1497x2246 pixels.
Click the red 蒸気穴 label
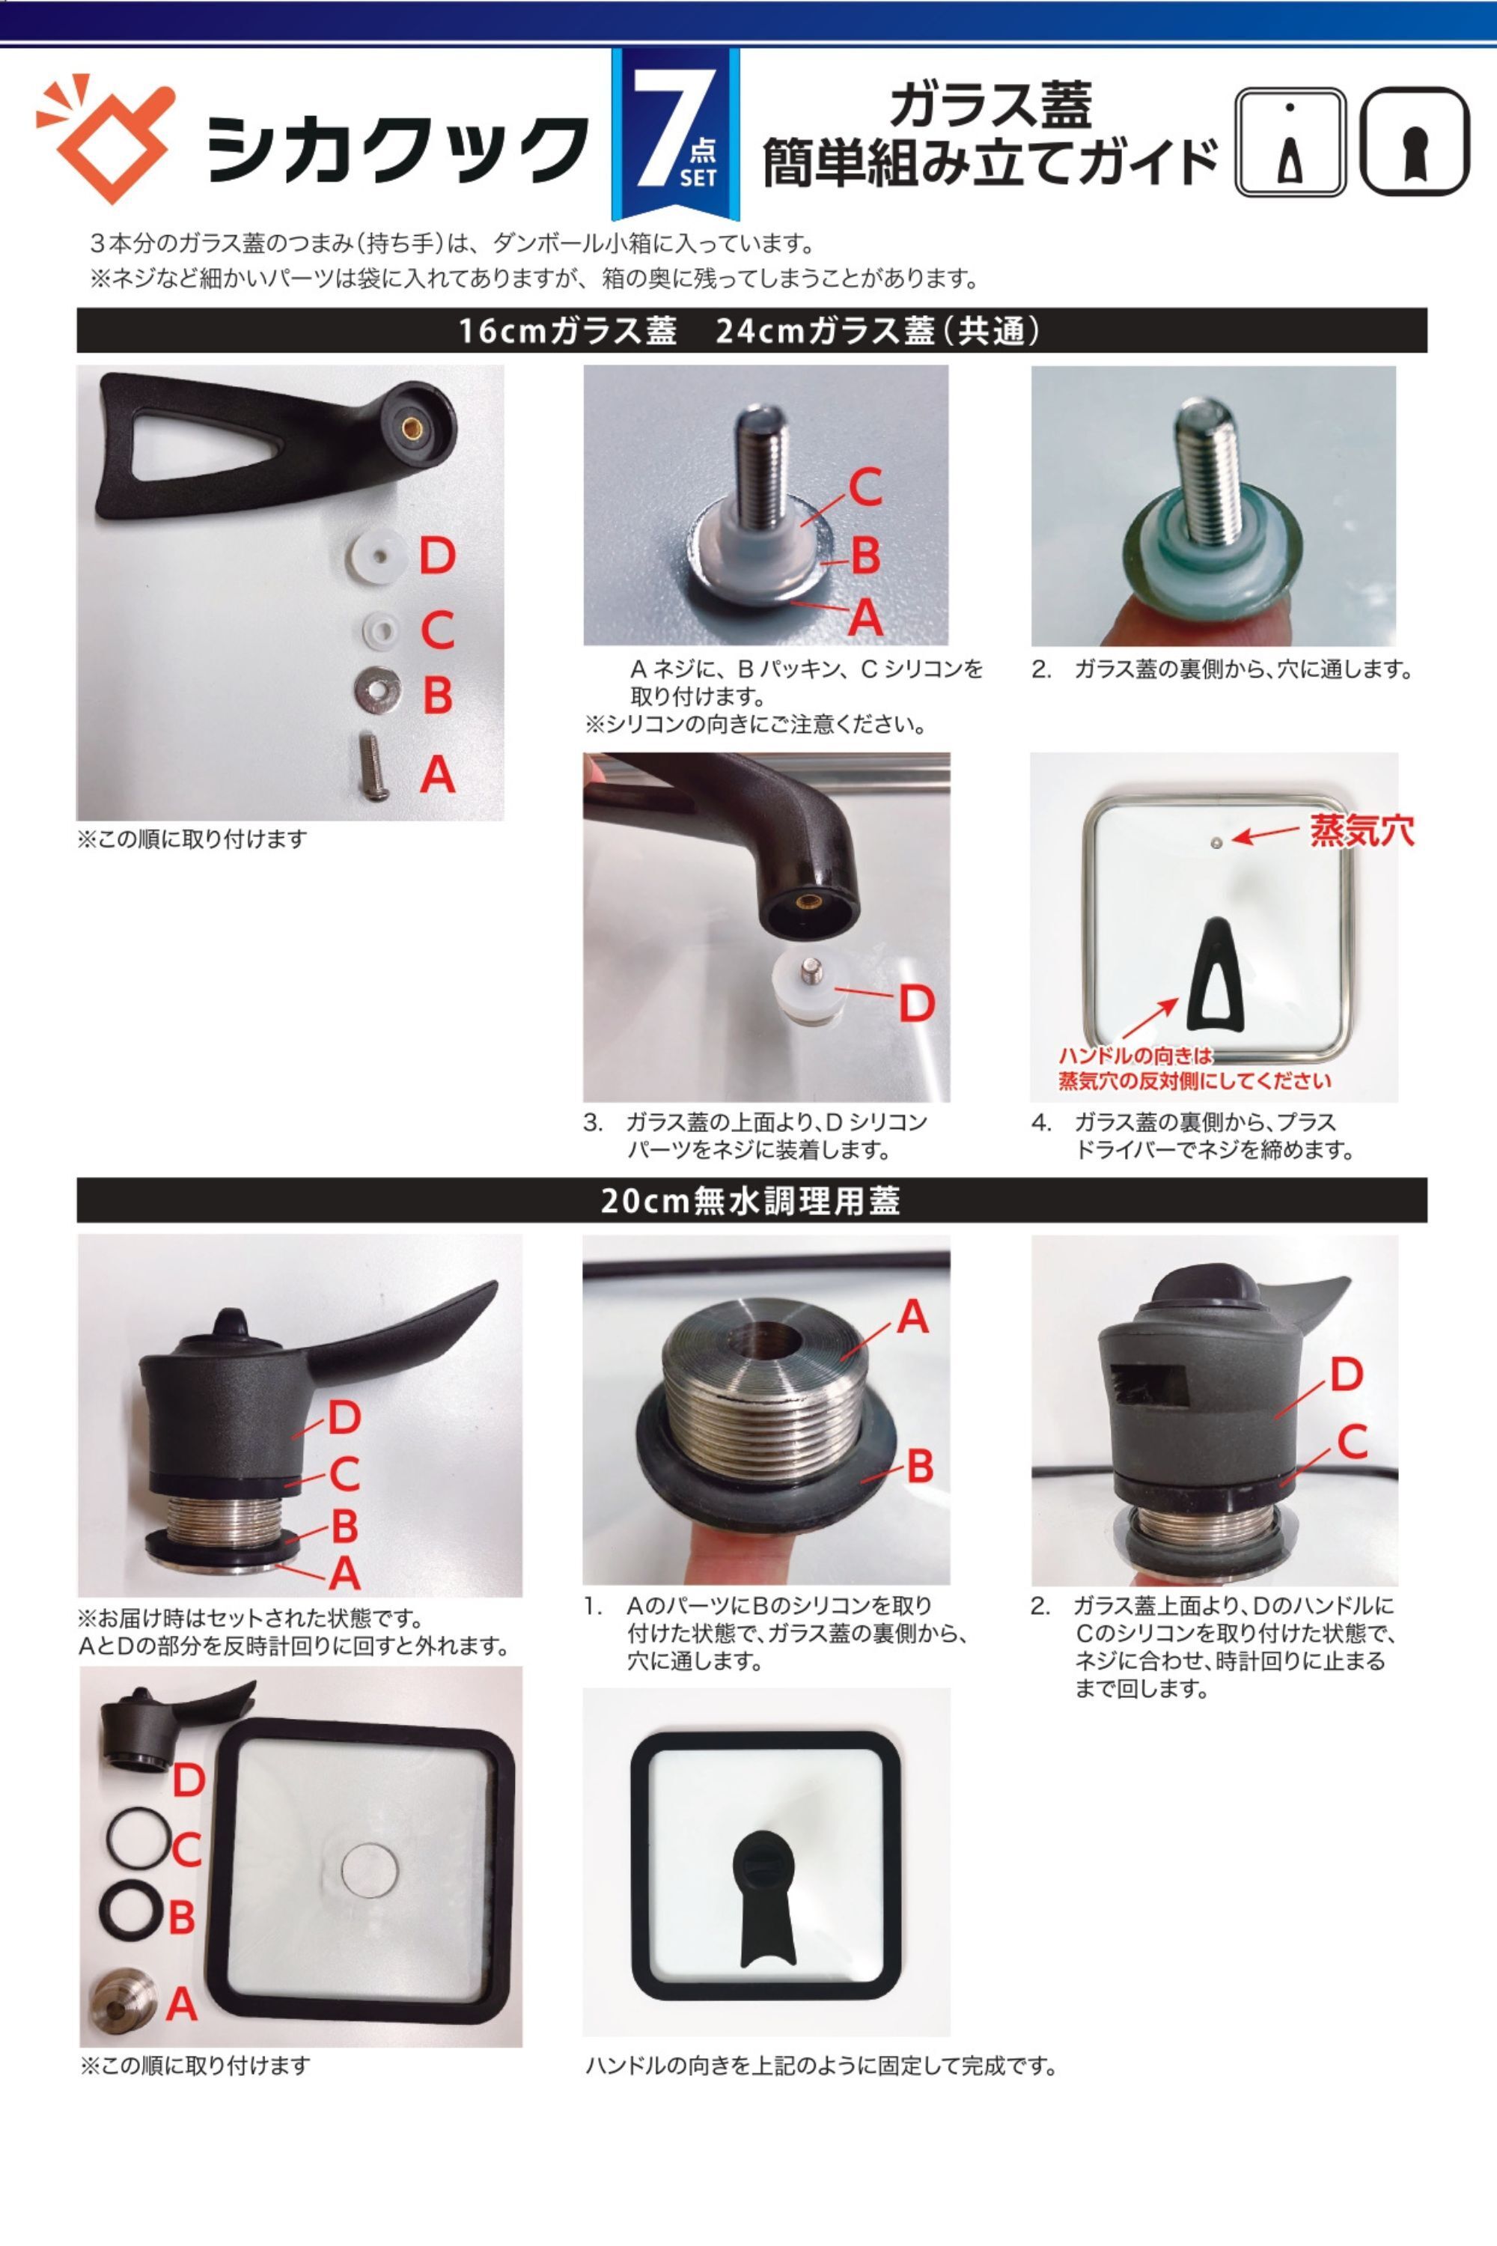(x=1362, y=831)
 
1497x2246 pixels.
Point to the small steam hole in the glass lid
(x=1216, y=842)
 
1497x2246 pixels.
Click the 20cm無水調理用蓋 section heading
(x=751, y=1200)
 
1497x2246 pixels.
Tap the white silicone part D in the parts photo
(x=375, y=556)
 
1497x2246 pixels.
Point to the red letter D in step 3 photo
(x=915, y=1004)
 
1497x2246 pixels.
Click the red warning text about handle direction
(x=1193, y=1068)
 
